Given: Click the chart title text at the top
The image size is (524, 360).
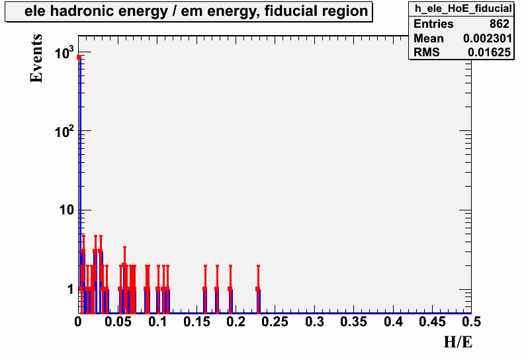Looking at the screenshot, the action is pos(196,11).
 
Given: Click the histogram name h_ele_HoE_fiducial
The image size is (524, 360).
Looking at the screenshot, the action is pos(463,9).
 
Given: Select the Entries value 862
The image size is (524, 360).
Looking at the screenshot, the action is pos(500,24).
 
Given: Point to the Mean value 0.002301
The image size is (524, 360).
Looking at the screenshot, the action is pos(487,38).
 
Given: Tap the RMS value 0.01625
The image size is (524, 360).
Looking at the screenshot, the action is pos(489,52).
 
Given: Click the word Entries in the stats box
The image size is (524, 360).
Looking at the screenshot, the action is pos(433,24).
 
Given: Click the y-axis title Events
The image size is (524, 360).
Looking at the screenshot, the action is pos(36,58).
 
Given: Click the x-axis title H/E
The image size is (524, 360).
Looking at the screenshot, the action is pos(458,342).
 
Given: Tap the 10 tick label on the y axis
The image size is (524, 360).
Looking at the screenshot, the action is pos(66,210).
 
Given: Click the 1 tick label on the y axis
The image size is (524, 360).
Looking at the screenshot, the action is pos(71,289).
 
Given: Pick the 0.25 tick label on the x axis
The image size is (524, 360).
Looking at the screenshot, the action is pos(275,322).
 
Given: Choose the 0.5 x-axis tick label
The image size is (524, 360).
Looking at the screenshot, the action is pos(472,322).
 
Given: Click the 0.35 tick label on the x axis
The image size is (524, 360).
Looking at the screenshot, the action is pos(353,322).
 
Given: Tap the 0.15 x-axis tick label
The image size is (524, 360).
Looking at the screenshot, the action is pos(196,322).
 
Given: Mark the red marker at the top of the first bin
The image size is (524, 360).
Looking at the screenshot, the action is pos(79,57).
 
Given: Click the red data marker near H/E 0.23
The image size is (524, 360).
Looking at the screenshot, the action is pos(258,289).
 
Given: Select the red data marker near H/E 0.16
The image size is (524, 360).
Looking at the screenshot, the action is pos(205,289).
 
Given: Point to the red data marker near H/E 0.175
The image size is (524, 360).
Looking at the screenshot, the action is pos(217,289).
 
